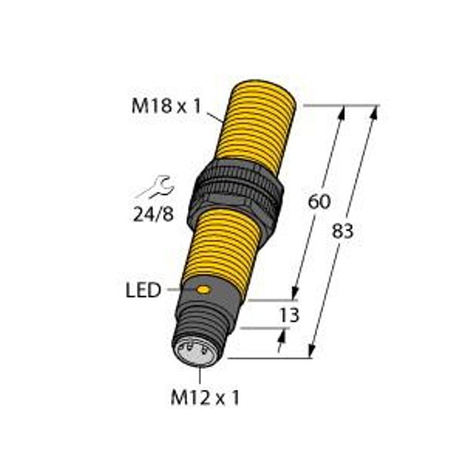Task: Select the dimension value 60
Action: [x=318, y=203]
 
